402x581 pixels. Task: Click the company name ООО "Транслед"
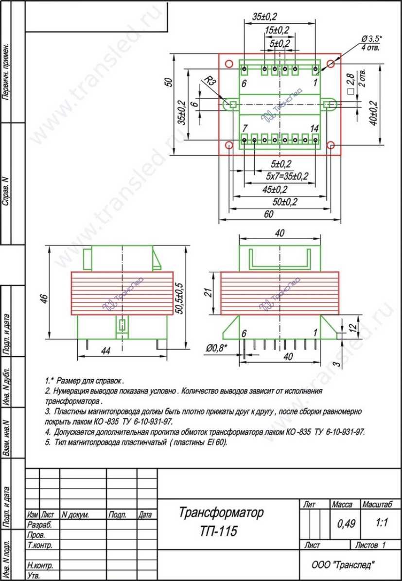[x=344, y=564]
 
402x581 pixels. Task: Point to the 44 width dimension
[x=106, y=352]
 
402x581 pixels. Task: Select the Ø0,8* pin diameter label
[x=217, y=348]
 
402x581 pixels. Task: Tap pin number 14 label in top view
[x=314, y=128]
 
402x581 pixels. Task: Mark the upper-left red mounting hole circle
[x=229, y=64]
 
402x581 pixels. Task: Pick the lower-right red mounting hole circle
[x=331, y=144]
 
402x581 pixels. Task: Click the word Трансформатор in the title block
[x=221, y=513]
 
